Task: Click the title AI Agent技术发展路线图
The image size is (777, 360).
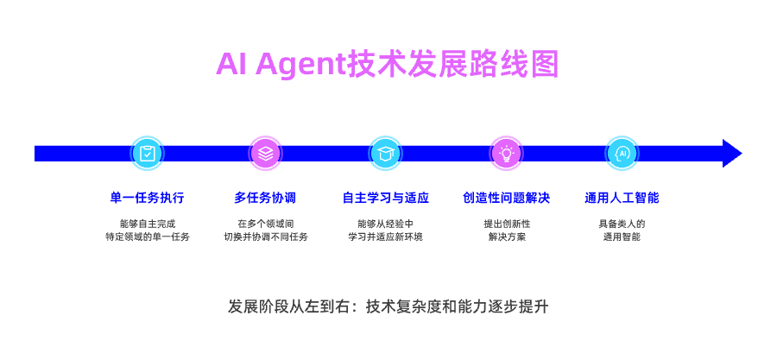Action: click(388, 65)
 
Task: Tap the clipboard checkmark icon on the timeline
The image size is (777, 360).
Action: click(147, 154)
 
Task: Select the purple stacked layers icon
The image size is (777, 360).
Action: click(266, 154)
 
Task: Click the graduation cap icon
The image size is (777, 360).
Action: click(385, 154)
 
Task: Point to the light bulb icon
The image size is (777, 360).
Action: click(505, 154)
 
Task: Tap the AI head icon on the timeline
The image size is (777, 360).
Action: click(622, 154)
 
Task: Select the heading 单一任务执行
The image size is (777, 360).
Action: click(147, 198)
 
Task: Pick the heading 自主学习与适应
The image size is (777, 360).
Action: click(385, 198)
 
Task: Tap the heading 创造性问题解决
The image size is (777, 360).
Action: click(506, 198)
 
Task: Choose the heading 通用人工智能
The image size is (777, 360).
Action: click(622, 198)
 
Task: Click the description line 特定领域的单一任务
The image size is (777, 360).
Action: click(147, 237)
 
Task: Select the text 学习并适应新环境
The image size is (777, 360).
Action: click(385, 237)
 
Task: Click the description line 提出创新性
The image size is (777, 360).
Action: click(506, 224)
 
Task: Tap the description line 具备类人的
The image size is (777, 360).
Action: click(622, 224)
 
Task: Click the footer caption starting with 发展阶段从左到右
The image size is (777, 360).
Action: click(388, 306)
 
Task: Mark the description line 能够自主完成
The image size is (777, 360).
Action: click(147, 224)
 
